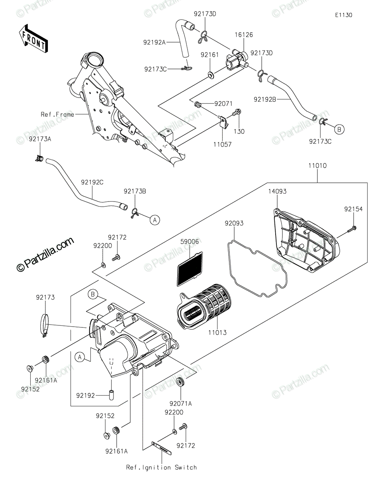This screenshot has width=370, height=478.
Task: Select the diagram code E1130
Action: (343, 15)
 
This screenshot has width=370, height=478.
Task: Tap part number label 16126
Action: (243, 35)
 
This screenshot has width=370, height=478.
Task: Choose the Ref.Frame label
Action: (57, 114)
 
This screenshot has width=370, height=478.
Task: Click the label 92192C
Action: (92, 182)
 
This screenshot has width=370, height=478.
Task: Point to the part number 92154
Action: (354, 208)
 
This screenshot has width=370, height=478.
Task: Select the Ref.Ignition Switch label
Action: (161, 467)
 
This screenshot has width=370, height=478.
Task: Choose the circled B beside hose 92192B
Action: (339, 129)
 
